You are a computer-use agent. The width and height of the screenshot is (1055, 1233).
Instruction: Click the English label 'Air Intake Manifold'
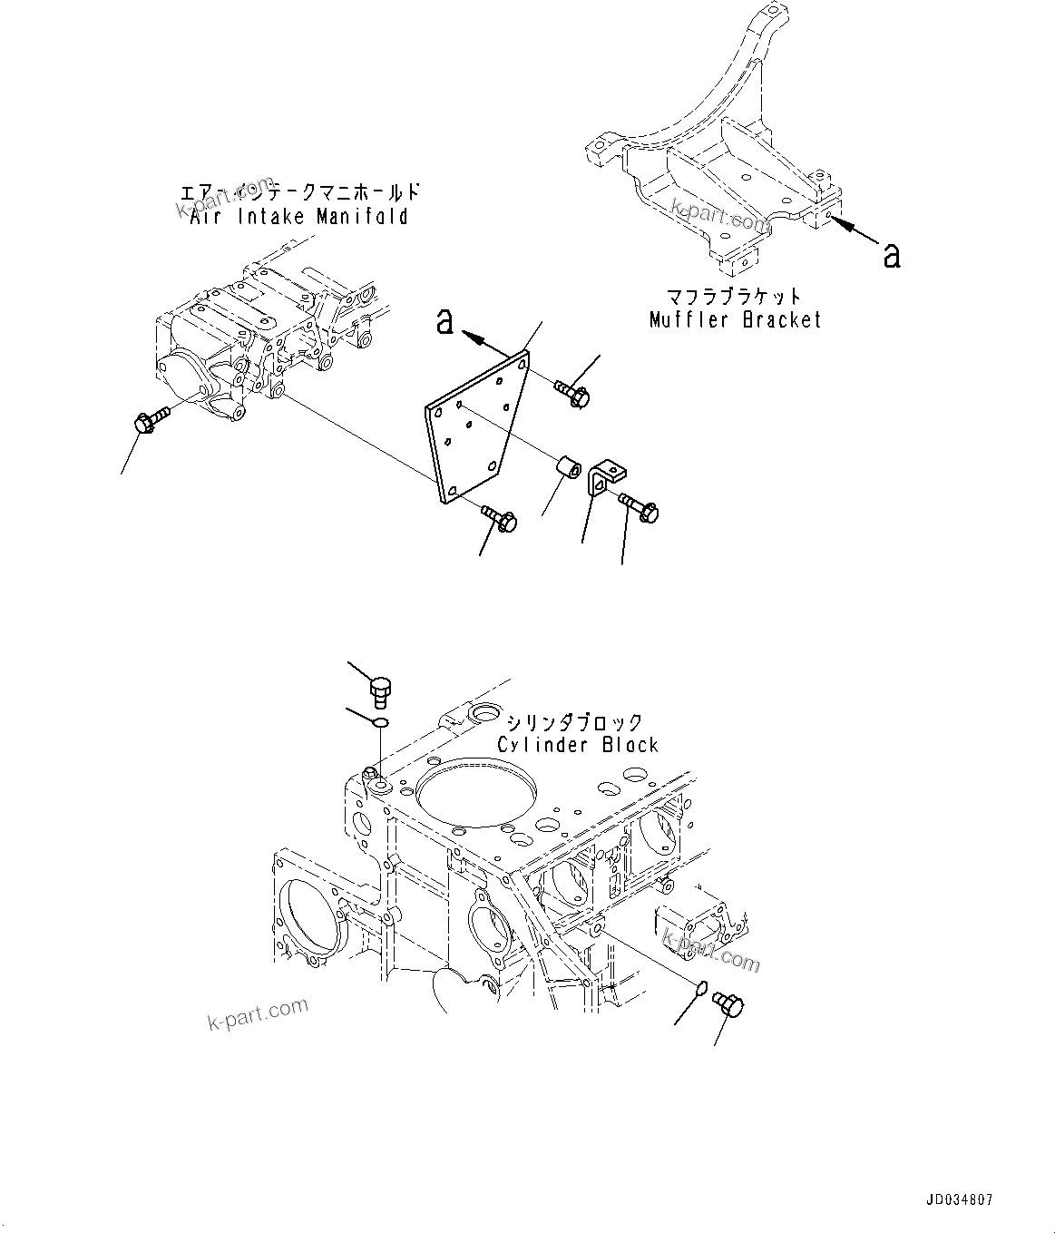point(298,217)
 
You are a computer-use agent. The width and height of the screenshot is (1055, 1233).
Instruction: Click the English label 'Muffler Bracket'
point(735,319)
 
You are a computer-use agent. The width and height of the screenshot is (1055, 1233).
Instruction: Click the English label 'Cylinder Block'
point(578,745)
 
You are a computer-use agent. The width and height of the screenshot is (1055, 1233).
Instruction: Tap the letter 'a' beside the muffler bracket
point(892,256)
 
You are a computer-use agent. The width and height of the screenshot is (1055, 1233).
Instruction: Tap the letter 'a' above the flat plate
point(444,321)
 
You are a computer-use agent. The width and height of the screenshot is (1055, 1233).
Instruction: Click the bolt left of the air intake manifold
point(151,419)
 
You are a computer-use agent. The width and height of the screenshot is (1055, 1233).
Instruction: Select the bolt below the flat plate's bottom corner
point(499,516)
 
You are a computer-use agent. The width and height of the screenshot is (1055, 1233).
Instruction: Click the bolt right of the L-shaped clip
point(642,506)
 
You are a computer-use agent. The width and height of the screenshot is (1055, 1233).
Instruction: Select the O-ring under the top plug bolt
point(382,722)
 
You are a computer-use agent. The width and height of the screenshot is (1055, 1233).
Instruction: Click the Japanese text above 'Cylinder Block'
point(574,722)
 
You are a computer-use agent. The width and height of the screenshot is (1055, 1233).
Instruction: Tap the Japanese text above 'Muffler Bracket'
point(735,297)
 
